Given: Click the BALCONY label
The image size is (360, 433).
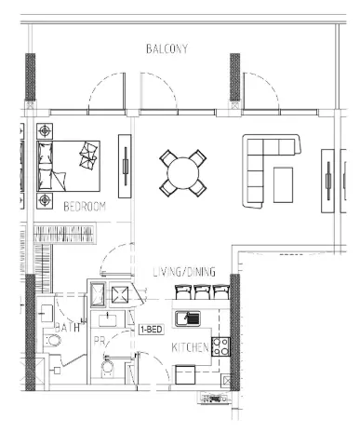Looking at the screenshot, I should (167, 48).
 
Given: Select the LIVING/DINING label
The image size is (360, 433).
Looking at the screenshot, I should (184, 272).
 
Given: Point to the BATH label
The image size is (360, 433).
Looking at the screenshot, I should (67, 329).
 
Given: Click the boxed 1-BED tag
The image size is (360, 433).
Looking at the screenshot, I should (152, 330).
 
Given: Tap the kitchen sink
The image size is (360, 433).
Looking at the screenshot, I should (190, 318).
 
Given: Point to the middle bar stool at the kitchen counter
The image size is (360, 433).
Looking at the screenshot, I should (200, 292).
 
